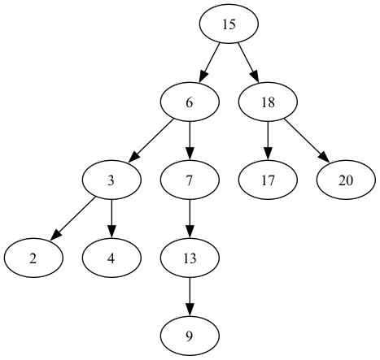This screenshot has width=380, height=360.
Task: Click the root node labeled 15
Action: click(x=229, y=24)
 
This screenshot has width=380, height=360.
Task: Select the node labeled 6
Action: click(x=190, y=102)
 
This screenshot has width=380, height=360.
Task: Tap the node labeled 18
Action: click(x=268, y=102)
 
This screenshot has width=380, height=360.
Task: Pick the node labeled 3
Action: click(x=111, y=180)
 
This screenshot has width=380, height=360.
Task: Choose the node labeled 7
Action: click(x=190, y=180)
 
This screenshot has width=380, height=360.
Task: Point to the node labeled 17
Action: click(x=268, y=180)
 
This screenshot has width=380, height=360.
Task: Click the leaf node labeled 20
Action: click(x=346, y=180)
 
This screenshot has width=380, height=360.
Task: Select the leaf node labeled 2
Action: click(x=33, y=258)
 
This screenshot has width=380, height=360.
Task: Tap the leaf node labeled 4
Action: click(x=111, y=258)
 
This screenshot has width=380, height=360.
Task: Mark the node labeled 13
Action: click(x=190, y=258)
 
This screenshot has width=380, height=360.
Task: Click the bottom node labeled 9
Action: click(x=190, y=336)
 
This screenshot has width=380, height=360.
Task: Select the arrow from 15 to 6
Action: click(x=210, y=63)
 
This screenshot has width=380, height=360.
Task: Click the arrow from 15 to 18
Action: click(x=247, y=63)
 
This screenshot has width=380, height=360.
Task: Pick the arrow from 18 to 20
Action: click(x=305, y=140)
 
